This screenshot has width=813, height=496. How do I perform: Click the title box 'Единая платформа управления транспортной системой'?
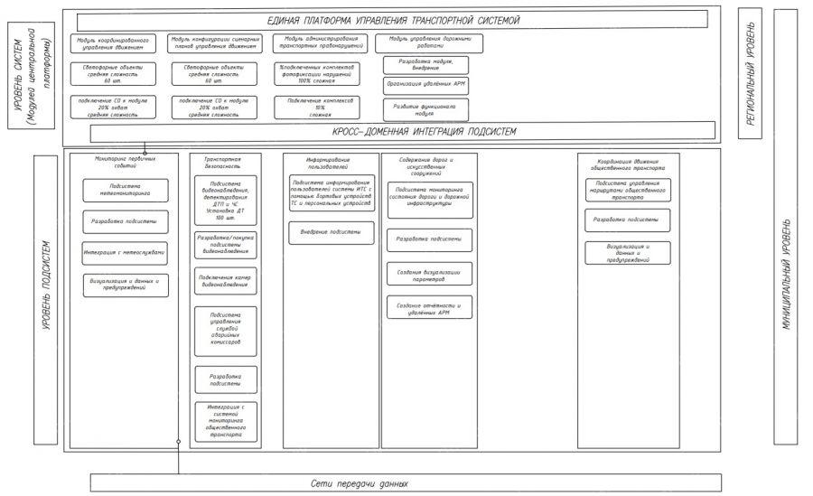[394, 20]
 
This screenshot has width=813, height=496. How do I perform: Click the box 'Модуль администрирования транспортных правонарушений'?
[321, 44]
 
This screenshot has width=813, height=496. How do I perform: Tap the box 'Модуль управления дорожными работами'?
[429, 43]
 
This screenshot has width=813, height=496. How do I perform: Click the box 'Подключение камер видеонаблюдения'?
[226, 281]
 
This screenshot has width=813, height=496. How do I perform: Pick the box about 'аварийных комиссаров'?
[226, 331]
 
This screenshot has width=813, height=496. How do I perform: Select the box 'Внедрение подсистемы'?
[331, 232]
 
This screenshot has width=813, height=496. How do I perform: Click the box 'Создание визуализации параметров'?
[429, 275]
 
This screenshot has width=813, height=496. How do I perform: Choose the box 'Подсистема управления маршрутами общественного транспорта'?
[627, 189]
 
